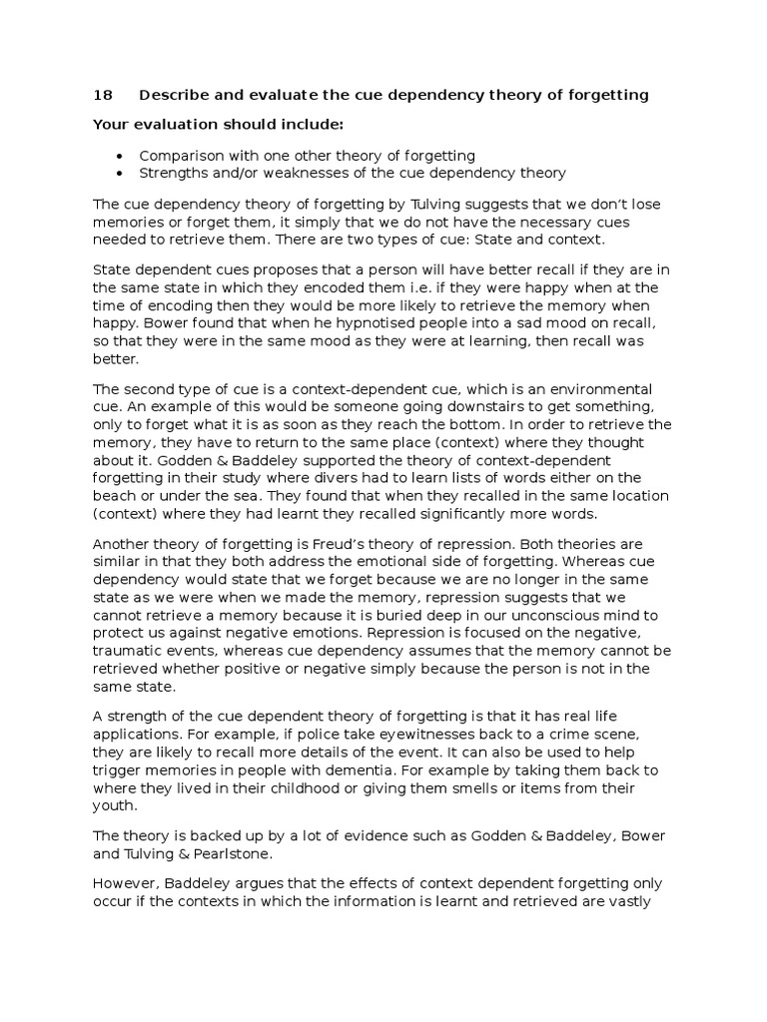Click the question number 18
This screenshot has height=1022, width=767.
[102, 96]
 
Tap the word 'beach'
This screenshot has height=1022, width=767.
[115, 495]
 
